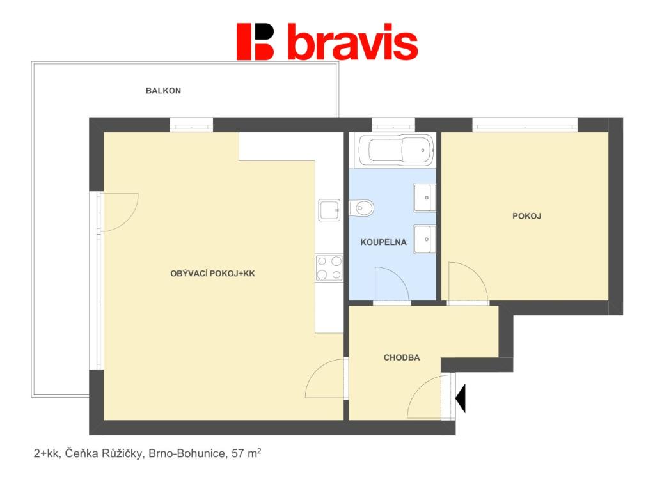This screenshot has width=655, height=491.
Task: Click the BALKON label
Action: tap(163, 91)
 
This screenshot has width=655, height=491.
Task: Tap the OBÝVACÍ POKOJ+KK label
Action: tap(212, 274)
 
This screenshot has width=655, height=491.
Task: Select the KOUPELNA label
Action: tap(384, 242)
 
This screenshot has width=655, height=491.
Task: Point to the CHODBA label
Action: tap(402, 357)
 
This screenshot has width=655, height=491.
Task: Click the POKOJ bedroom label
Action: tap(527, 216)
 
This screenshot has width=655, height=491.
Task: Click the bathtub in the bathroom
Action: tap(397, 150)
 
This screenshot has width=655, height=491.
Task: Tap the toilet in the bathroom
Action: tap(361, 208)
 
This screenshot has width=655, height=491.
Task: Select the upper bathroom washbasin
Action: tap(425, 198)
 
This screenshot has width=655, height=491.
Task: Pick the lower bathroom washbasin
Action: tap(425, 239)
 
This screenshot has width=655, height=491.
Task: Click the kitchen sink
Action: tap(329, 210)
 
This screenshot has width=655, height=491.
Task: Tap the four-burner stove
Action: tap(329, 268)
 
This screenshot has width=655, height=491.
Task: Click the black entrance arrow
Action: tap(461, 399)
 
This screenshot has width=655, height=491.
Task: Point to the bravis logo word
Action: tap(353, 42)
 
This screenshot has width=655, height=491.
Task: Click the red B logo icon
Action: tap(255, 42)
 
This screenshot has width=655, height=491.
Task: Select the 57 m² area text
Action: tap(246, 453)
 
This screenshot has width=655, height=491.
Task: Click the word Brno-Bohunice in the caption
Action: tap(187, 453)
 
